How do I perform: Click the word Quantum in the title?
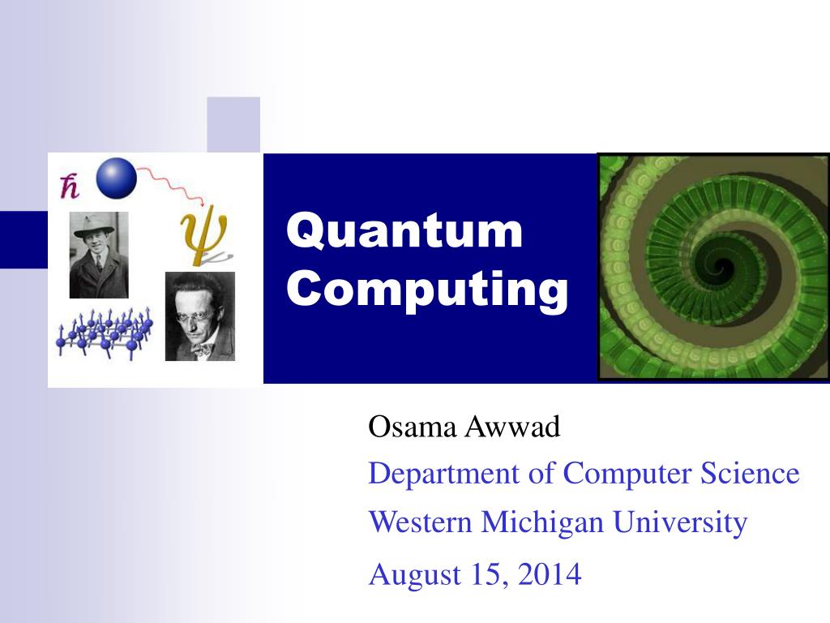(x=405, y=231)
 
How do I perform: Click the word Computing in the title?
(x=427, y=290)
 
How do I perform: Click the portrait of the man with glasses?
(x=199, y=316)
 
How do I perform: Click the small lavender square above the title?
(x=233, y=123)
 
